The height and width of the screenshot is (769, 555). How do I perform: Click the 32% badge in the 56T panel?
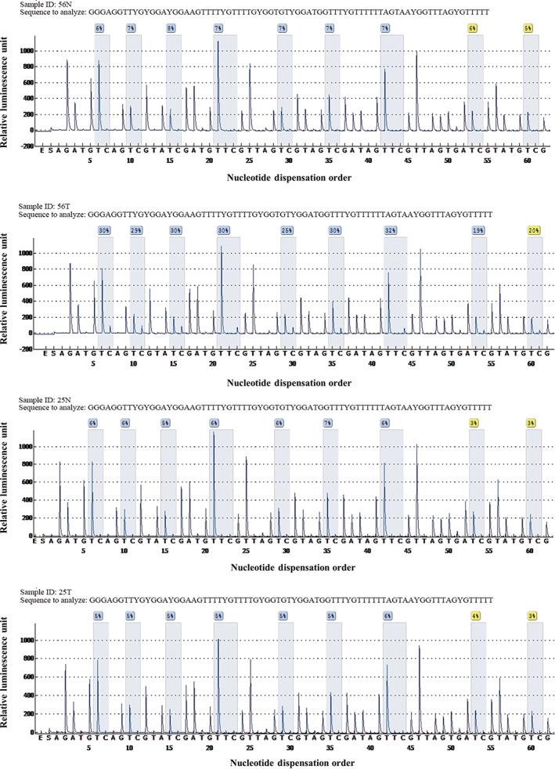[390, 230]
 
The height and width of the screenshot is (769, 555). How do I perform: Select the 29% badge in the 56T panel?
[136, 230]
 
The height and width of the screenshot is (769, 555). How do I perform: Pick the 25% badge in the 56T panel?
[287, 230]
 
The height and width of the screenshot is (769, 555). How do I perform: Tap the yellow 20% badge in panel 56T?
[534, 230]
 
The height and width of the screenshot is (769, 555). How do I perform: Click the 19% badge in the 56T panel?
[478, 230]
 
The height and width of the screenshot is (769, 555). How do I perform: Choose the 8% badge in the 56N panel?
[171, 28]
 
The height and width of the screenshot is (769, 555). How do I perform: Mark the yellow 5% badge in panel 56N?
[530, 28]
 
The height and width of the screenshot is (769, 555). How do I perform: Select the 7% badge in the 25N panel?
[327, 423]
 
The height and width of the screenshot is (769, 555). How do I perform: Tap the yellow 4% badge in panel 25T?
[475, 616]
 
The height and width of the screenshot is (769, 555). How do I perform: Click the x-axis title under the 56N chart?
[289, 177]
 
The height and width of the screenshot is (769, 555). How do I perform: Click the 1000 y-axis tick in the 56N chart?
[27, 51]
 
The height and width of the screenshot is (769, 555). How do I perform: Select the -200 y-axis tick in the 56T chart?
[26, 348]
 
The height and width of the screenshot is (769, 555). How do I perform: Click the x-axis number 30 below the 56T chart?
[292, 364]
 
